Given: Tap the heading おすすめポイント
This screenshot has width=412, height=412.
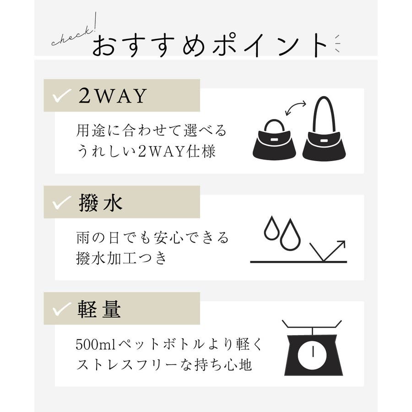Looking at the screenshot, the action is pyautogui.click(x=210, y=45).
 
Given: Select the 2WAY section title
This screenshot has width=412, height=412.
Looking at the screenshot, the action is pyautogui.click(x=113, y=96).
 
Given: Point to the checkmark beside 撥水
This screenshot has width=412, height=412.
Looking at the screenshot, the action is pyautogui.click(x=62, y=203).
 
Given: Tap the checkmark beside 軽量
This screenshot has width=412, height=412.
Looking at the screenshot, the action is pyautogui.click(x=62, y=309).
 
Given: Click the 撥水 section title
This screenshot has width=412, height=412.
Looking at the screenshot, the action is pyautogui.click(x=101, y=203).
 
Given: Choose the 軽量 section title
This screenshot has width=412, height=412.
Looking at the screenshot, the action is pyautogui.click(x=99, y=309).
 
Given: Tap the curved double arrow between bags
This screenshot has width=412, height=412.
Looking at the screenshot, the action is pyautogui.click(x=296, y=108).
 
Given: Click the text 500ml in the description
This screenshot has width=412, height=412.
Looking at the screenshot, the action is pyautogui.click(x=96, y=344).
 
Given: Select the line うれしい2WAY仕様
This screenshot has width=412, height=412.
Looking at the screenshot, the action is pyautogui.click(x=146, y=152).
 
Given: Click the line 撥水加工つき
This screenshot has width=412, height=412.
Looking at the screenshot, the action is pyautogui.click(x=121, y=258).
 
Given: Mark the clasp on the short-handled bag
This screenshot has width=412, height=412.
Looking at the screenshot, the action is pyautogui.click(x=274, y=140).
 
